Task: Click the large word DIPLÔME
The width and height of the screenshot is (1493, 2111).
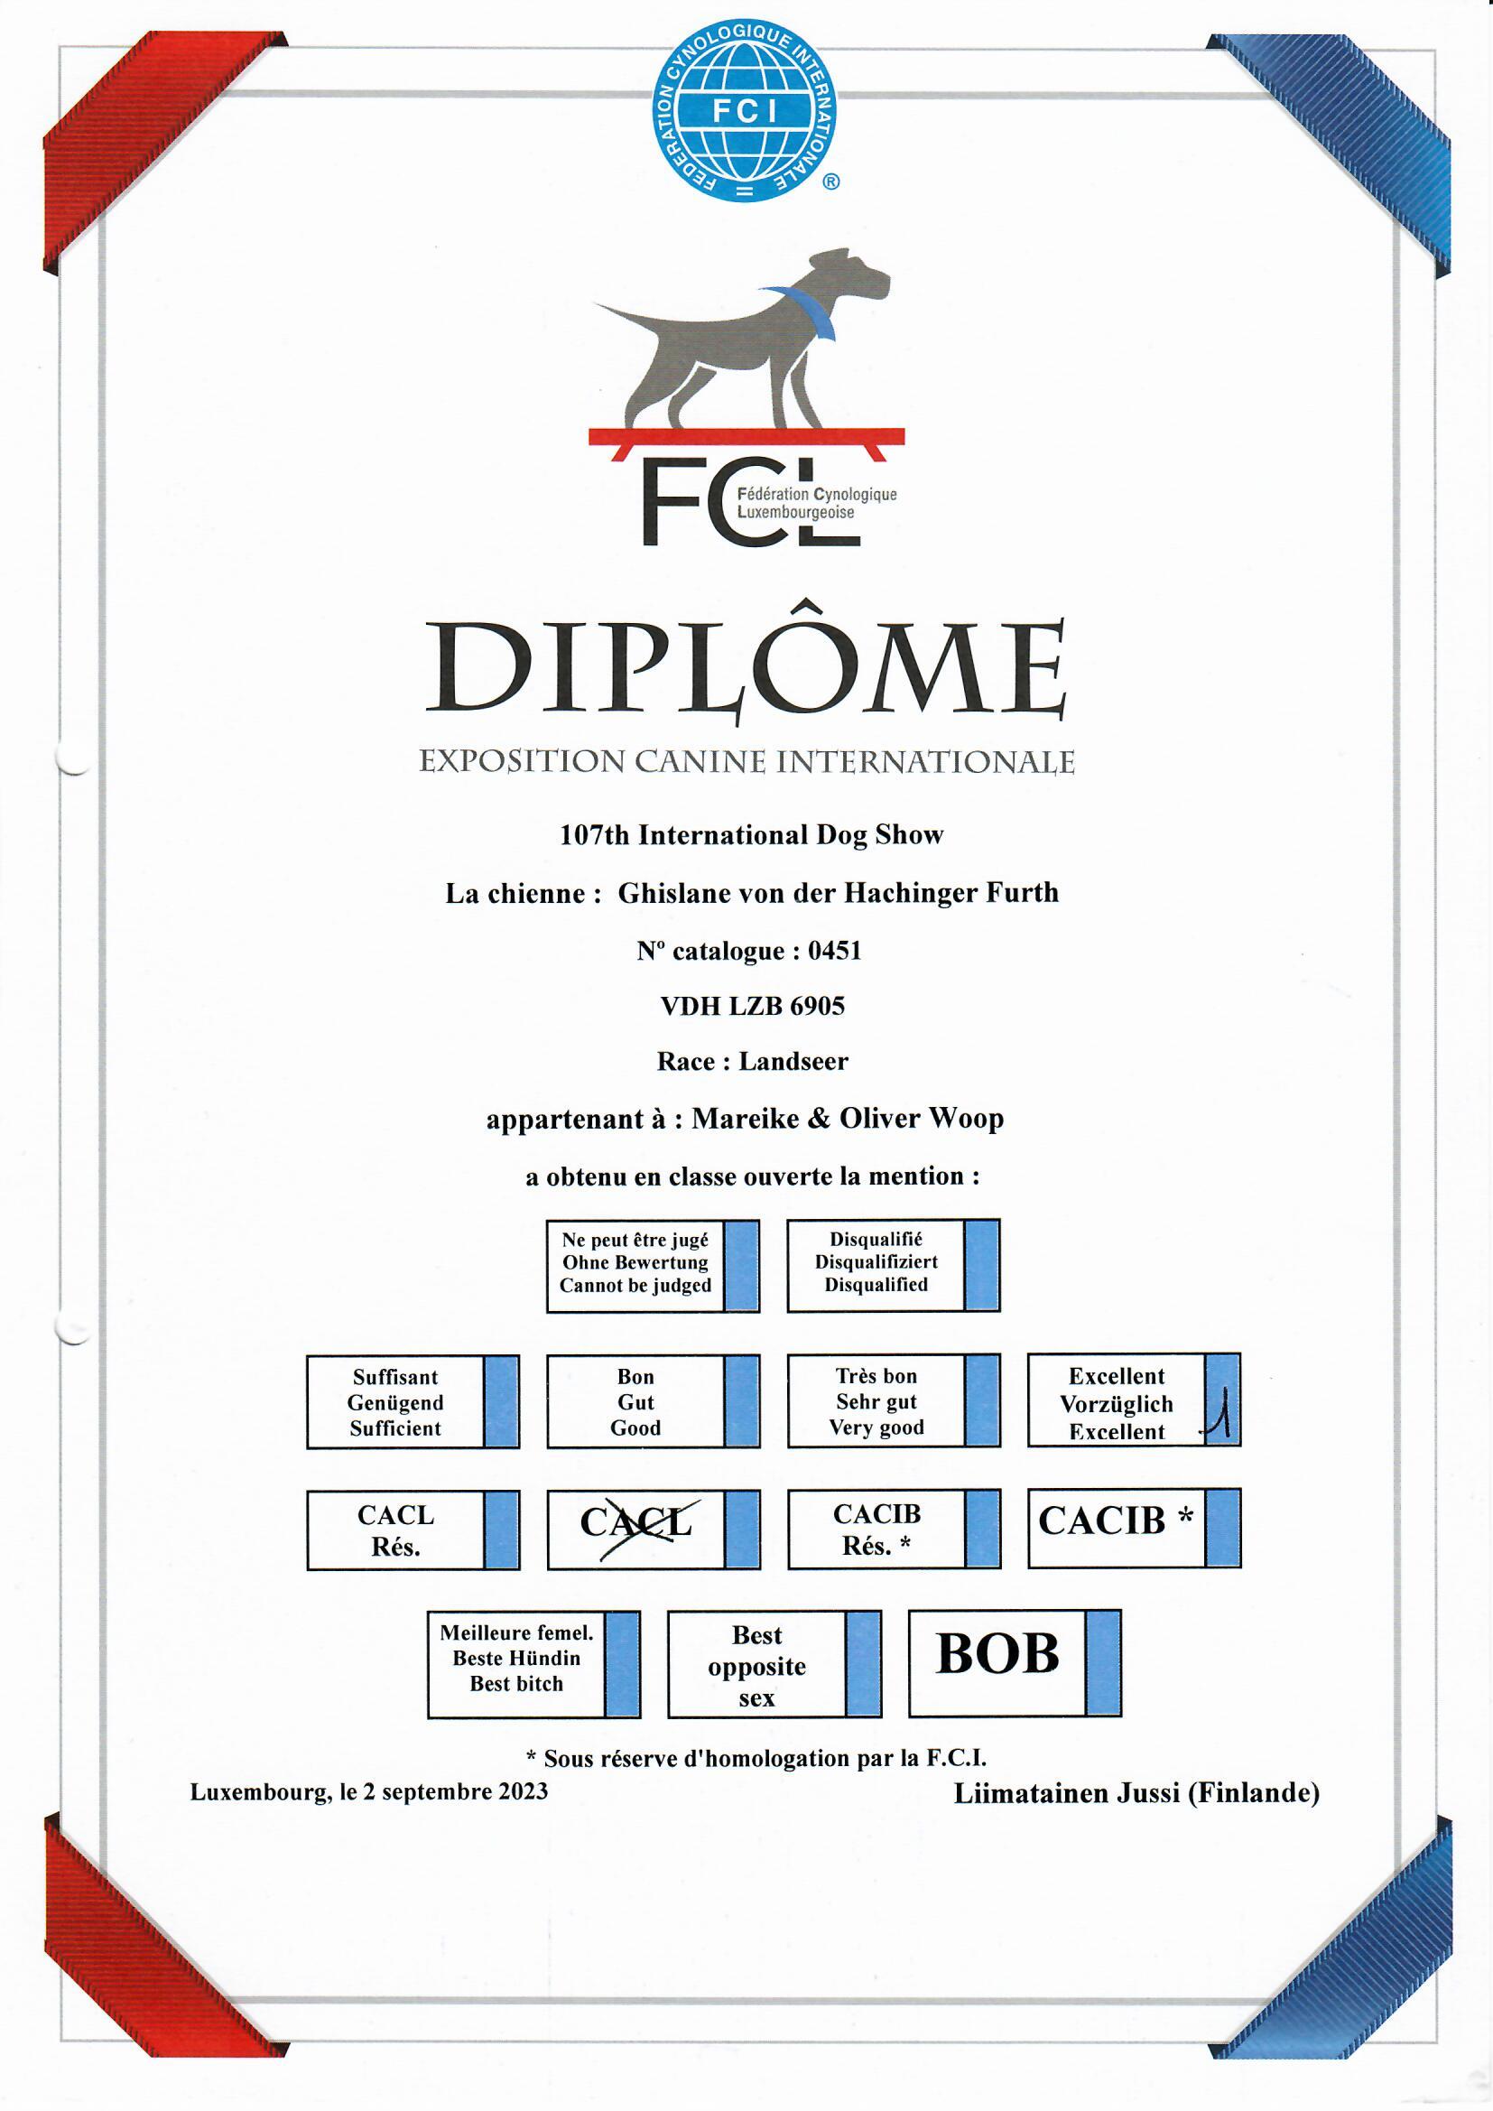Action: [746, 668]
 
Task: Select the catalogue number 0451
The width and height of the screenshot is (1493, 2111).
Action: [835, 951]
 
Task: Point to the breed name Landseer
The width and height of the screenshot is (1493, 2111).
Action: [793, 1061]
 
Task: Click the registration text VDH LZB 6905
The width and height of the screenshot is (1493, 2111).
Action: [752, 1006]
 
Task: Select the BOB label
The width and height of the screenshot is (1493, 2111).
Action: [997, 1655]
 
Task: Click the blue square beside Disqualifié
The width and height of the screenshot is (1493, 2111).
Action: [982, 1265]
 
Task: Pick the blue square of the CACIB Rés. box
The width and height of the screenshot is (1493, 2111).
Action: [982, 1528]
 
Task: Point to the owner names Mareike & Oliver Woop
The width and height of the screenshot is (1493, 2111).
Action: [847, 1119]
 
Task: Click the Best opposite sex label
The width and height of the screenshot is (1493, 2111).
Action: [756, 1666]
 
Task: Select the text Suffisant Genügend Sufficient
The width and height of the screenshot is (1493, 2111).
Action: [395, 1402]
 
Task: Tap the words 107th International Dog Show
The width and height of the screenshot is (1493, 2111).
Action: [751, 835]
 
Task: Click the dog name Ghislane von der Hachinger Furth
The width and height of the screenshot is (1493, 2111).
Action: [838, 893]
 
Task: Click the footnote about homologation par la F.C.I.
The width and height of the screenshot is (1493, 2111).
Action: [756, 1758]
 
